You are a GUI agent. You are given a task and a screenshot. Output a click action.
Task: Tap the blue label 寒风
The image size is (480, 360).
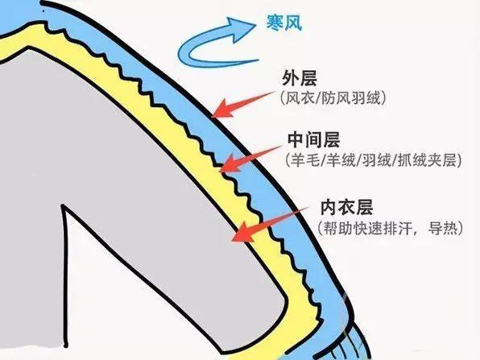tap(284, 23)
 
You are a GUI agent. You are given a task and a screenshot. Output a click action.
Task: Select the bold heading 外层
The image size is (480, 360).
tap(300, 78)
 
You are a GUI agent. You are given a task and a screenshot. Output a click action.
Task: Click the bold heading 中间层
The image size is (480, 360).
tap(314, 139)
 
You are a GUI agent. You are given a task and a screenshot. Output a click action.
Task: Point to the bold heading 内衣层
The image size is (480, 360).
tap(347, 208)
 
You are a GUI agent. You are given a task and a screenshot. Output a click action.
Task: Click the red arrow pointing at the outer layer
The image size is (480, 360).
tap(242, 104)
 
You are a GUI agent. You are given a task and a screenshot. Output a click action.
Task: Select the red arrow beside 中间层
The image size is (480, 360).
tap(250, 159)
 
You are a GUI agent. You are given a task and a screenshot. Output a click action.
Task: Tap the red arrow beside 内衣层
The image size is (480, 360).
tap(270, 223)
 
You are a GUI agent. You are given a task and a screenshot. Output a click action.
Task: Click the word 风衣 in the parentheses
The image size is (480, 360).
tap(299, 98)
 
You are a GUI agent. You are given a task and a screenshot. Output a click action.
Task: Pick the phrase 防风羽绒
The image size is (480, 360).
tap(350, 98)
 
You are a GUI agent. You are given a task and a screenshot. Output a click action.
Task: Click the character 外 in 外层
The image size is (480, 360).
tap(291, 78)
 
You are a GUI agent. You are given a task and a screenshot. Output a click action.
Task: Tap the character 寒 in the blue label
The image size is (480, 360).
tap(275, 23)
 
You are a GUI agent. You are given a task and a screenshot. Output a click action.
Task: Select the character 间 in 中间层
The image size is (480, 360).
tap(314, 139)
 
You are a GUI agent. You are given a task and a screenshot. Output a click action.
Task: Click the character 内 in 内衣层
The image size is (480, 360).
tap(329, 208)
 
